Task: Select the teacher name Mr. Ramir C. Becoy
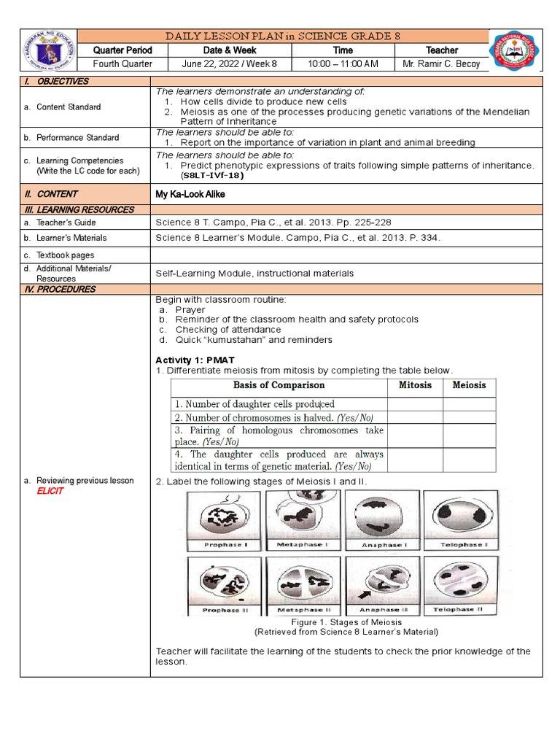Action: [442, 64]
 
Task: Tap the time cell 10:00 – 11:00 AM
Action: [343, 64]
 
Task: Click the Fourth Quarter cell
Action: [122, 64]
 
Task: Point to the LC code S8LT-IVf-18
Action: [212, 175]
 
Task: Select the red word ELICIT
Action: [50, 491]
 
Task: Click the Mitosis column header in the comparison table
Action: [415, 385]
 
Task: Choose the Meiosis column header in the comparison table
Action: [469, 385]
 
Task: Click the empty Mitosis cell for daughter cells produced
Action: [415, 404]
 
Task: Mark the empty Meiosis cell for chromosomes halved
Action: [469, 418]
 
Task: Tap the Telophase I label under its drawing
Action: [460, 545]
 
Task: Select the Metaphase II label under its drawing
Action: [304, 610]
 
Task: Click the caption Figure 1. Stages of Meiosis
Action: [346, 622]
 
